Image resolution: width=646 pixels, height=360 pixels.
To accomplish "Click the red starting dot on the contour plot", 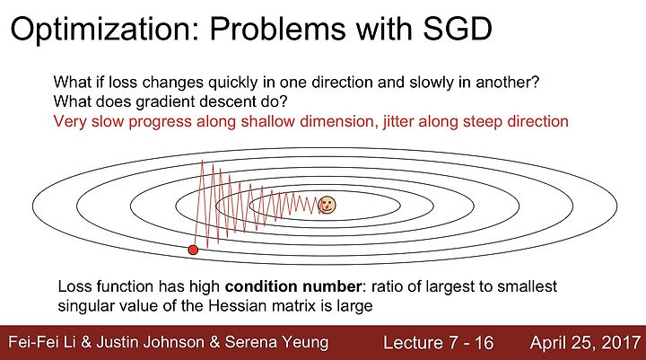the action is [x=193, y=250].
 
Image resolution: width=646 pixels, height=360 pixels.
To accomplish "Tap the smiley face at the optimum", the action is [x=327, y=205].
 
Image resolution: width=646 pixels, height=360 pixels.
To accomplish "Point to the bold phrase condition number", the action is [x=293, y=285].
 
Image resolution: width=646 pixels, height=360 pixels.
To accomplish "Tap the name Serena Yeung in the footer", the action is [x=276, y=343].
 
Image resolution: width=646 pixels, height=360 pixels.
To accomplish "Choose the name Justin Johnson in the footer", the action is [x=151, y=343].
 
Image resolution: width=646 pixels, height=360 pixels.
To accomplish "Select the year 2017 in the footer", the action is [x=621, y=343].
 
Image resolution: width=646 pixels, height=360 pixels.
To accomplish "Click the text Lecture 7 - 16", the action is [x=439, y=343].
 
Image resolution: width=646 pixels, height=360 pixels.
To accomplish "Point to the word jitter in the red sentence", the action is [x=398, y=122].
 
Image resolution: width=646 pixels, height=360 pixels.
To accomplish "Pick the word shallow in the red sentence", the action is [x=267, y=121].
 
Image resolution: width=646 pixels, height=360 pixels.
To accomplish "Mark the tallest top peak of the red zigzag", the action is [x=202, y=161].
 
